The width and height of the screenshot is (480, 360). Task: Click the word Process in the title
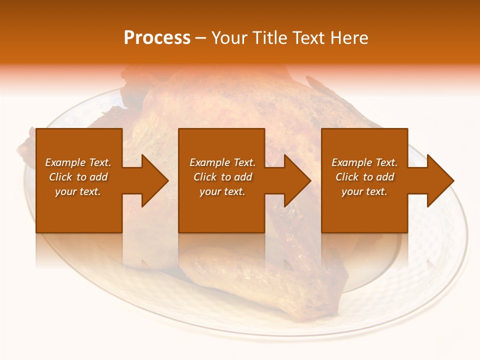[157, 38]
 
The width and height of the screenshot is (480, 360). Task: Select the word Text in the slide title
[309, 38]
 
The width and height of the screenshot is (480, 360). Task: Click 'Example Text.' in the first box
[78, 162]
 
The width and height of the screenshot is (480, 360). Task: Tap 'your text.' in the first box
[78, 191]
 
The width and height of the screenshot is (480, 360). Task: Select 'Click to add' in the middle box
[222, 177]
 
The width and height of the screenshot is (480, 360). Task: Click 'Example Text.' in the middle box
[222, 162]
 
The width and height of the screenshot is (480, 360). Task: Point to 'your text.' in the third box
[364, 191]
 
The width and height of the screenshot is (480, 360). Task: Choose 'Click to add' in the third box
[364, 177]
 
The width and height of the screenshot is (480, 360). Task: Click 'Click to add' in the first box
[78, 177]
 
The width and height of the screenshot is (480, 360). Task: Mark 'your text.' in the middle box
[222, 191]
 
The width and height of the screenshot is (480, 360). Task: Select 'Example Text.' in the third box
[364, 162]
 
